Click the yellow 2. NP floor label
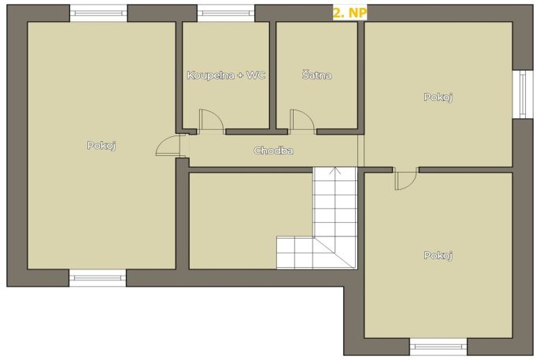click(350, 13)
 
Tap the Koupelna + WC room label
click(226, 75)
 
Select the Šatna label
click(316, 75)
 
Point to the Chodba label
click(273, 150)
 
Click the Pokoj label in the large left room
click(102, 146)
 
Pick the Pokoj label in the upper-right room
click(438, 97)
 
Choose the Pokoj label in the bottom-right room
click(438, 255)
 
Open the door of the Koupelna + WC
click(212, 121)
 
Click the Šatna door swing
click(302, 121)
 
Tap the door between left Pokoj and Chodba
click(168, 146)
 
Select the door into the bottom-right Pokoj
click(406, 179)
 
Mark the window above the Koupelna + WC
click(226, 13)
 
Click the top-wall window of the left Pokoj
click(98, 13)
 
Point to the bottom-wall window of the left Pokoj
click(98, 278)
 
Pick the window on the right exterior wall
click(523, 94)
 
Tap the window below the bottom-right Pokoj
click(438, 347)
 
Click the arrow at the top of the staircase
click(335, 171)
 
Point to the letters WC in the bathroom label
click(256, 75)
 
